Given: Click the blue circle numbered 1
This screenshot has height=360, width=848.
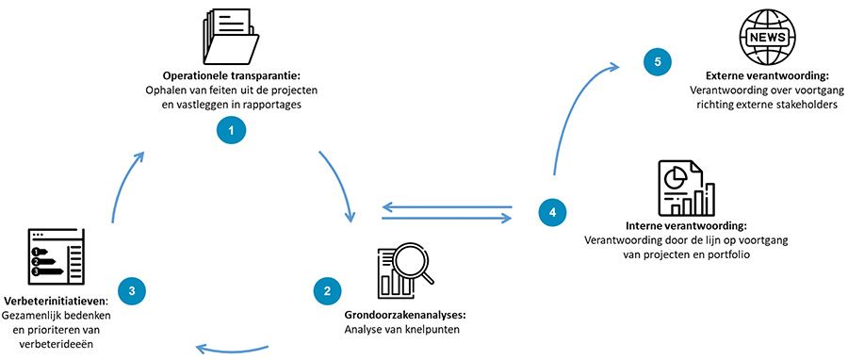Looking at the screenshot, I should (229, 129).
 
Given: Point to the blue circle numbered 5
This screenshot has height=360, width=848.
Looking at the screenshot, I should (657, 62).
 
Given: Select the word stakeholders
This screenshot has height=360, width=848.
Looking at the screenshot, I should (805, 106).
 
